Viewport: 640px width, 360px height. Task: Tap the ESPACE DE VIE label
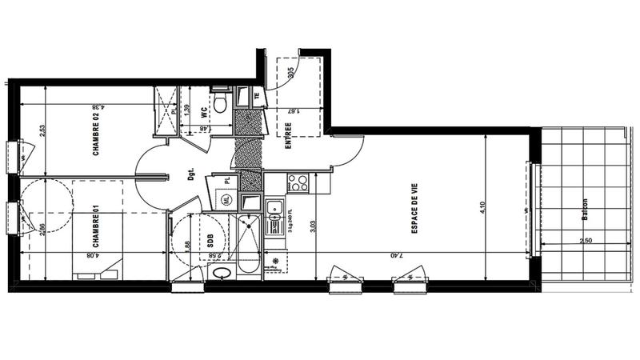(x=415, y=209)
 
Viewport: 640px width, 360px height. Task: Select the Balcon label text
(x=586, y=211)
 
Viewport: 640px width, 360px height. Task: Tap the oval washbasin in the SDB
(x=222, y=272)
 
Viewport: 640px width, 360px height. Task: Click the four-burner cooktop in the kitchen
(x=298, y=182)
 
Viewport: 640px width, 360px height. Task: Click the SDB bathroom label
(x=209, y=239)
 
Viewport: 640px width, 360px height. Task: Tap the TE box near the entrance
(x=257, y=97)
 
